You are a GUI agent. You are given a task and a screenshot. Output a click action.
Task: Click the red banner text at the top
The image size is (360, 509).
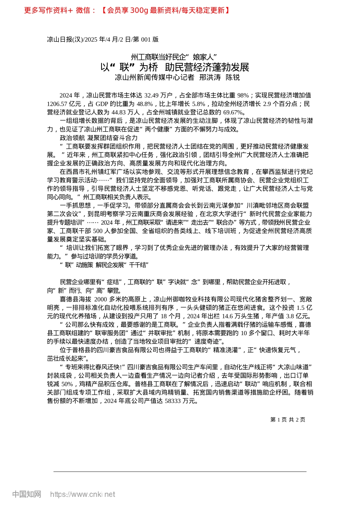127,10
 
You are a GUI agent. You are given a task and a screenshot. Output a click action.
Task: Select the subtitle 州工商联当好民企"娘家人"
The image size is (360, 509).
174,57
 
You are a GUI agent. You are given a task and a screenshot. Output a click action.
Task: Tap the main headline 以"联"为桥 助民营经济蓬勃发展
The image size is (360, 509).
175,67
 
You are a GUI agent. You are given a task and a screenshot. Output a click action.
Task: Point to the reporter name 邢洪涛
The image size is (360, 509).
210,78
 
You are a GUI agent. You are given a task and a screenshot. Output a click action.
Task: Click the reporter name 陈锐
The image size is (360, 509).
233,78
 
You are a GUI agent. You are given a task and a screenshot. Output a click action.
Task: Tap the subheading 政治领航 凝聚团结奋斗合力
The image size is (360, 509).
99,138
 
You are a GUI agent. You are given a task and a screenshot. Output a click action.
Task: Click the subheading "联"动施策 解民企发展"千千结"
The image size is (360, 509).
104,265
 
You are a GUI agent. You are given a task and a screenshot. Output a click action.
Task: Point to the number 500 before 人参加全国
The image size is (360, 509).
97,231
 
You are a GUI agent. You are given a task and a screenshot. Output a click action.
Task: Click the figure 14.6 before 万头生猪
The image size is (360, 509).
227,316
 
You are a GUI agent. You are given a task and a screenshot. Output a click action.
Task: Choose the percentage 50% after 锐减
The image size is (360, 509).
67,384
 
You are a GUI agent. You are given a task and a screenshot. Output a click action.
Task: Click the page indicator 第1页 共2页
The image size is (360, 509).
288,420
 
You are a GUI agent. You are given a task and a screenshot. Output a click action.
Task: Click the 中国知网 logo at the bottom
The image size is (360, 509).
27,494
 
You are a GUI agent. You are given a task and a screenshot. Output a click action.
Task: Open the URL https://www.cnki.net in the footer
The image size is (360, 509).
83,494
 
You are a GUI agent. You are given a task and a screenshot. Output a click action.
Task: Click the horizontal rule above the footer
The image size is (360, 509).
180,472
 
